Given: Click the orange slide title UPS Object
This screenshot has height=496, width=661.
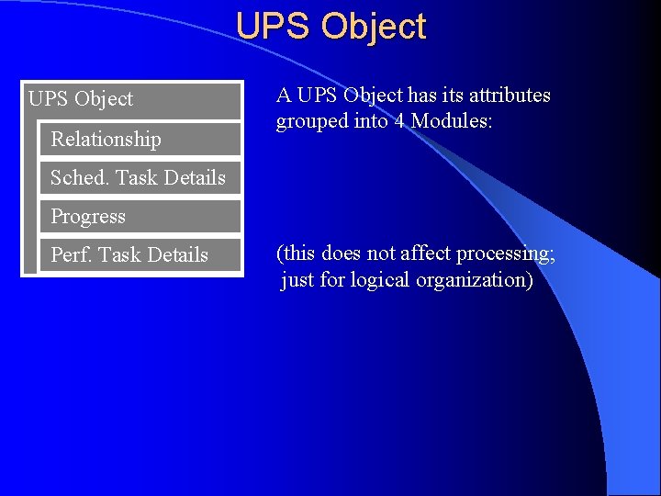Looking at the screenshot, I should click(330, 26).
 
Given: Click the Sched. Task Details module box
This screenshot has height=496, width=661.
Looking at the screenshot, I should click(138, 177).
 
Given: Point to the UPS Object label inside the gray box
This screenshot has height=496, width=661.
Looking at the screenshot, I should click(81, 98).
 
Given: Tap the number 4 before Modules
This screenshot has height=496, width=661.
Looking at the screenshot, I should click(400, 121).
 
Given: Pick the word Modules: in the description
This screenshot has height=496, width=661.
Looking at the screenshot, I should click(452, 121).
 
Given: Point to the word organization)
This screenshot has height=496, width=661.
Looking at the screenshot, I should click(474, 280).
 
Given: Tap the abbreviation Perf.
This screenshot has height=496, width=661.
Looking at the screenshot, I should click(71, 254).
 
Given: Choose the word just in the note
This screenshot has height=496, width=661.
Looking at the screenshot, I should click(297, 280).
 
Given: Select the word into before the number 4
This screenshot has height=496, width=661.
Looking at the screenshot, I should click(371, 121).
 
